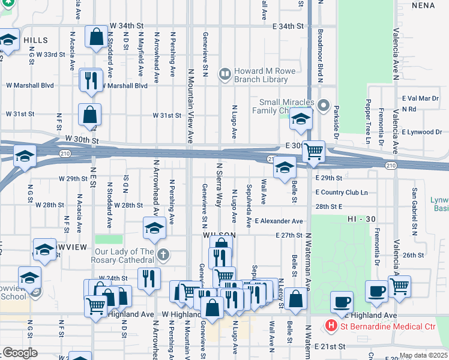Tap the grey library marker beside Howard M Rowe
pyautogui.click(x=225, y=74)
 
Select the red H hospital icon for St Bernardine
pyautogui.click(x=330, y=326)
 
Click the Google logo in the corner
pyautogui.click(x=19, y=353)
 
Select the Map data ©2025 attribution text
pyautogui.click(x=423, y=355)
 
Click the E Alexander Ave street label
pyautogui.click(x=279, y=221)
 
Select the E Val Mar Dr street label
pyautogui.click(x=420, y=98)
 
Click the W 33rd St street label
pyautogui.click(x=50, y=55)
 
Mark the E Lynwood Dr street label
pyautogui.click(x=421, y=131)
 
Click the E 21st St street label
pyautogui.click(x=330, y=347)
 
